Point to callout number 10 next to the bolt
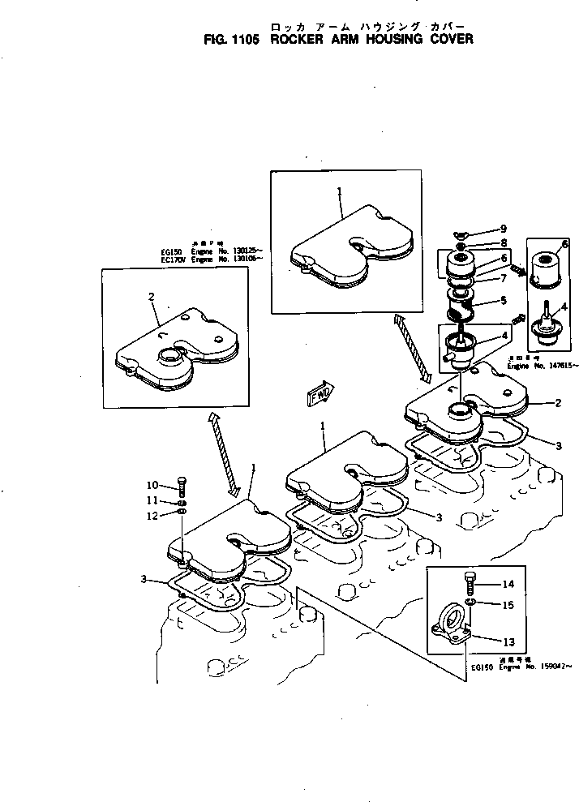[x=152, y=486]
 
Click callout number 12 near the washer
[x=152, y=515]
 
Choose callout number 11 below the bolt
[x=152, y=500]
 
